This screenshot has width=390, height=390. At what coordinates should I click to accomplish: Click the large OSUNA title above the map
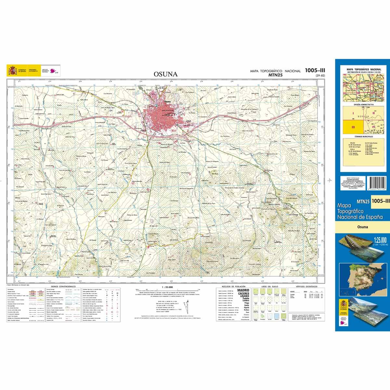tap(166, 74)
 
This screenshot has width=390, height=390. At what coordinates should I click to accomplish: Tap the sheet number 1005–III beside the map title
tap(315, 70)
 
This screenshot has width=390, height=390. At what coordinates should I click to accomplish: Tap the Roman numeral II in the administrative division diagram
tap(373, 113)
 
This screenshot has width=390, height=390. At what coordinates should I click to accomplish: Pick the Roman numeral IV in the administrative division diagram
tap(373, 127)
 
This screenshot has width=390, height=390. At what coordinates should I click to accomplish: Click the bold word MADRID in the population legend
tap(243, 290)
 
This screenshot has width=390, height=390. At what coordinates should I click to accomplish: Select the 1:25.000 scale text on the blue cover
tap(378, 240)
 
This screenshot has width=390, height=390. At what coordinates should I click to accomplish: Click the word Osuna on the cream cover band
tap(362, 227)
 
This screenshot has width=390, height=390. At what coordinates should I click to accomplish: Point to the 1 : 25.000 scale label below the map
tap(167, 287)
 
